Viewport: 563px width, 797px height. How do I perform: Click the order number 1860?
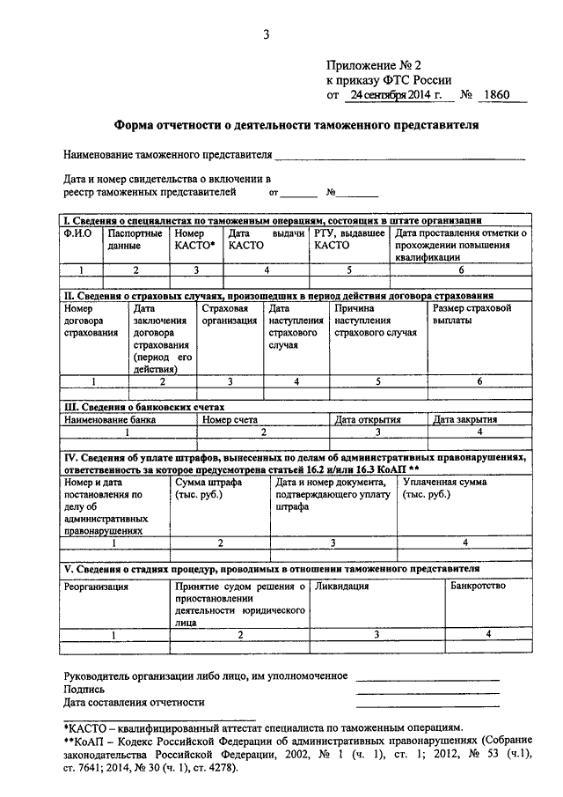tap(497, 94)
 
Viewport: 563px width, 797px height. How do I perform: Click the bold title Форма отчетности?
tap(297, 126)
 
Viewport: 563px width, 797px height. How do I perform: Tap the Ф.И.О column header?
tap(77, 233)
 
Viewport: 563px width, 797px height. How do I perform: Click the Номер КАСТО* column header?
tap(194, 240)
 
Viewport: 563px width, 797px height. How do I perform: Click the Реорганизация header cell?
tap(96, 587)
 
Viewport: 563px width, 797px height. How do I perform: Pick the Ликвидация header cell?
tap(341, 587)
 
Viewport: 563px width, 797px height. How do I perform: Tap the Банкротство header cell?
tap(478, 587)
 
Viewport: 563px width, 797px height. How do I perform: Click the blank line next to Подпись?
tap(428, 692)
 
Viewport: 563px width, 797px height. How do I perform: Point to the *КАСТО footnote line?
tap(261, 729)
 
